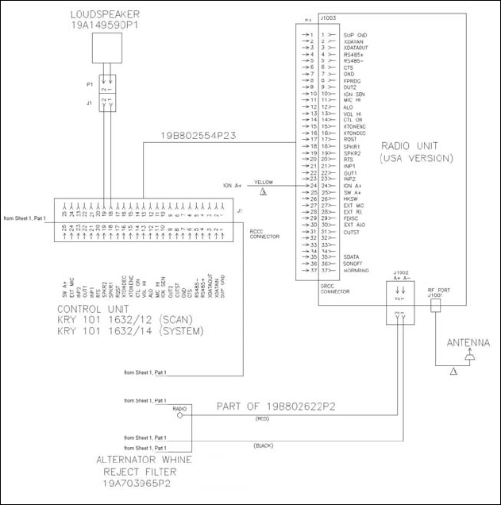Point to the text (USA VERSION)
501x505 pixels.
click(416, 158)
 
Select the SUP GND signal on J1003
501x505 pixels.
click(354, 36)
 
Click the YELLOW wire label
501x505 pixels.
click(264, 182)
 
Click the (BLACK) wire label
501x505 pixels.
click(264, 446)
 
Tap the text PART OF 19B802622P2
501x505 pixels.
click(278, 406)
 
